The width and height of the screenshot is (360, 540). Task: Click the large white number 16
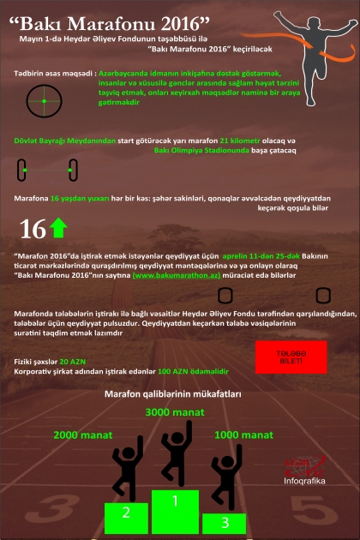click(33, 230)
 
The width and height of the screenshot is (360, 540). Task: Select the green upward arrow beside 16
click(59, 229)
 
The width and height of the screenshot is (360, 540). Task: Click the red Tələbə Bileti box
click(291, 357)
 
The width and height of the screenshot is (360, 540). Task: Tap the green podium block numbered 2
click(126, 514)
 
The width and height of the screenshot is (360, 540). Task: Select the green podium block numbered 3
click(225, 519)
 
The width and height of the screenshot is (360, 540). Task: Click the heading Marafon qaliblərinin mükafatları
click(172, 395)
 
